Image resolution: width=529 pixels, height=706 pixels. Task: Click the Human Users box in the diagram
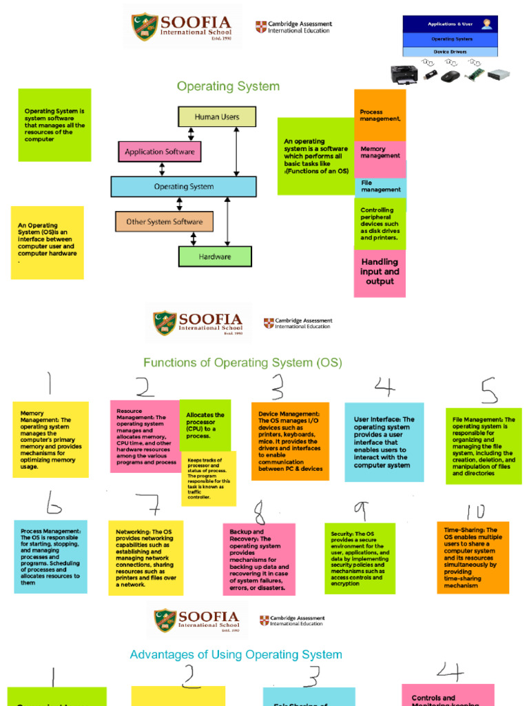(x=217, y=117)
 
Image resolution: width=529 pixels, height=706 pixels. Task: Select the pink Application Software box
(x=160, y=152)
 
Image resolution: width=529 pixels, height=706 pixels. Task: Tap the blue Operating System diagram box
(x=183, y=187)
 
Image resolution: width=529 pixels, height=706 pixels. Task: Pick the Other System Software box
(x=164, y=222)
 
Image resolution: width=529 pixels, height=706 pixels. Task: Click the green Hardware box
(x=215, y=256)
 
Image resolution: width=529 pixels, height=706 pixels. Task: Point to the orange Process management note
(x=380, y=115)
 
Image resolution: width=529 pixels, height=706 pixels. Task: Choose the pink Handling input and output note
(x=380, y=272)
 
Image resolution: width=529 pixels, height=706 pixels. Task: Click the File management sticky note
(x=380, y=186)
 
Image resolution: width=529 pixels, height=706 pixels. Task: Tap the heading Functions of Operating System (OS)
(x=242, y=363)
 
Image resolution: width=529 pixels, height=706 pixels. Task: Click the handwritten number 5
(x=489, y=391)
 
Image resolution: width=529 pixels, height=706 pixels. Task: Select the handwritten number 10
(x=475, y=512)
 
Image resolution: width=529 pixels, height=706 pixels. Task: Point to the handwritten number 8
(x=259, y=513)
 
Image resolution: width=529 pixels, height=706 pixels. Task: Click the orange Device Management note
(x=289, y=441)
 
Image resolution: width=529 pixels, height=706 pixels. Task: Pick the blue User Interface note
(x=384, y=442)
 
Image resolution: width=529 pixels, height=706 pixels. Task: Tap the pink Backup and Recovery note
(x=258, y=558)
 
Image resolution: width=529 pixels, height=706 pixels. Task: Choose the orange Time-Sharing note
(x=473, y=558)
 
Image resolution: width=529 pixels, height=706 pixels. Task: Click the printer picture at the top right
(x=404, y=74)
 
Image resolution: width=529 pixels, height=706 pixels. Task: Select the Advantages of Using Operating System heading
(x=236, y=655)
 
